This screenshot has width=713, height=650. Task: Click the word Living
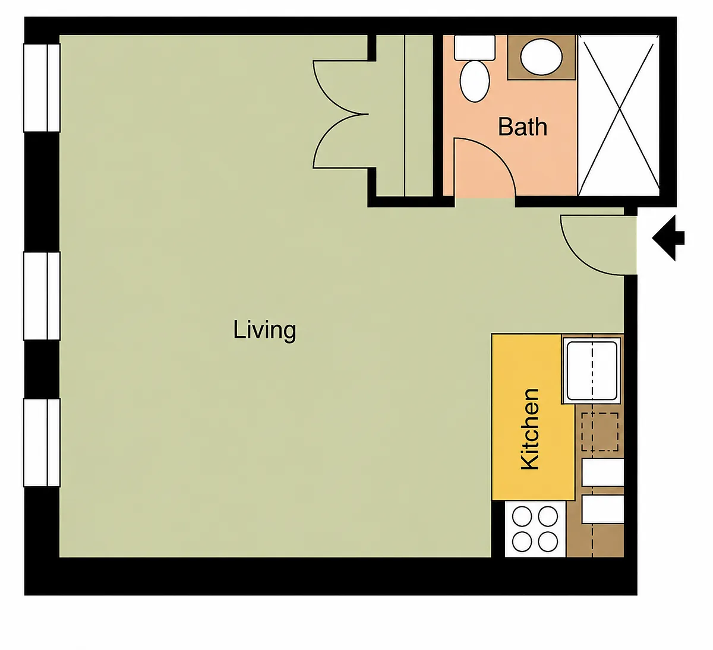(264, 331)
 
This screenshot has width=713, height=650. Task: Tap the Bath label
(522, 127)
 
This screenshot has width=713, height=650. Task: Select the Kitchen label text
(530, 429)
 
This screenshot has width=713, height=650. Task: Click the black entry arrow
(668, 238)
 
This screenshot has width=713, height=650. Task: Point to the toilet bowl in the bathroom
(475, 81)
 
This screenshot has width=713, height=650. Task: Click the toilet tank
(475, 47)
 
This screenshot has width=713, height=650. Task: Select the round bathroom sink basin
(541, 57)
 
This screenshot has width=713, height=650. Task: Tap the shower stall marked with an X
(619, 115)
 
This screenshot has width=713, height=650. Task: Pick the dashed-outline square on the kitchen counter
(600, 432)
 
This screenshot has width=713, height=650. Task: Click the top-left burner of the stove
(522, 516)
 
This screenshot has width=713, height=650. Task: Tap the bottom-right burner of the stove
(548, 542)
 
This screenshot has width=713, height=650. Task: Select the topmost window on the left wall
(42, 88)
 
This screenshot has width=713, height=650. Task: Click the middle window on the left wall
(42, 296)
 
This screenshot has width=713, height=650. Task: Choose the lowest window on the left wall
(42, 443)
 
